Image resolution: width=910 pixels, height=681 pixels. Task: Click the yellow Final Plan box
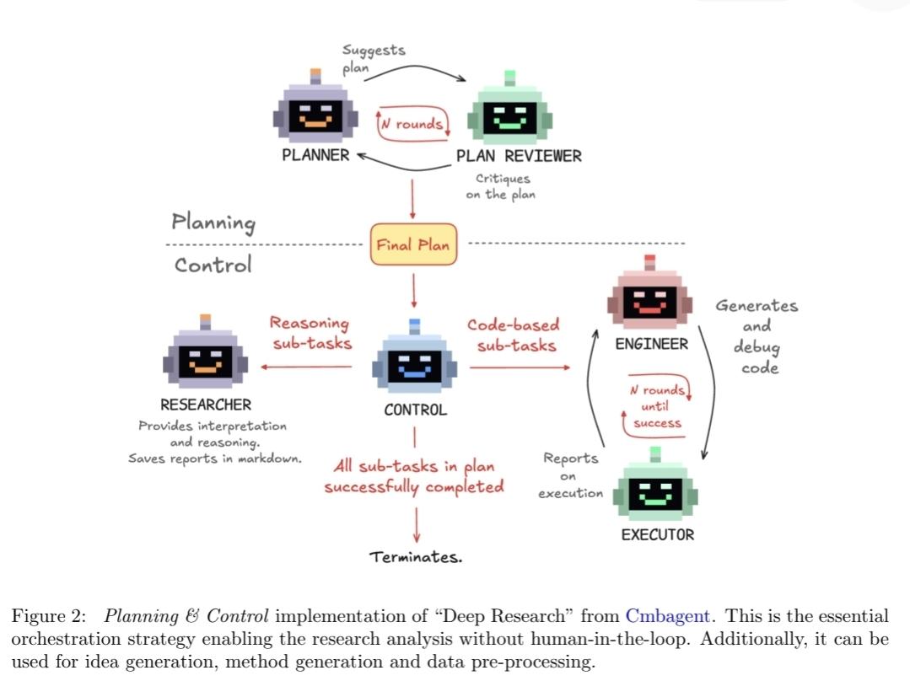413,244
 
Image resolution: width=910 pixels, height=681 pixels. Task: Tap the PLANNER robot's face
315,115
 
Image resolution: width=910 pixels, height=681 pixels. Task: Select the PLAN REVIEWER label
519,156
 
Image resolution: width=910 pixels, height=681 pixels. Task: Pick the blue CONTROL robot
414,358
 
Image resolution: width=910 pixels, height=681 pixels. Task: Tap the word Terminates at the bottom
416,557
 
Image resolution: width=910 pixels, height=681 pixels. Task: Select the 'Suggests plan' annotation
374,59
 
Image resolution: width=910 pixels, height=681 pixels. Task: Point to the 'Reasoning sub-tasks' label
311,333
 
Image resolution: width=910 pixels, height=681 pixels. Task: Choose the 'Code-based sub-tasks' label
514,335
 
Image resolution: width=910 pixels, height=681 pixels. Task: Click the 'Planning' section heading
213,223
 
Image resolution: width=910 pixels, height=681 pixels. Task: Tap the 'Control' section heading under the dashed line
213,265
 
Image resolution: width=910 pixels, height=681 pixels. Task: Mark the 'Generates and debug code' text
757,336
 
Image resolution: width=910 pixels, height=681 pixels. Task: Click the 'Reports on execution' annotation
570,475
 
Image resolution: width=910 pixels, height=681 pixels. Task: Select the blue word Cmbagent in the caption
667,616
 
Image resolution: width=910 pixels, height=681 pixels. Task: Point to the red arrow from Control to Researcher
306,367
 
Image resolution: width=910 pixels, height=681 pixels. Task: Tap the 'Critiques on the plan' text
501,186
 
